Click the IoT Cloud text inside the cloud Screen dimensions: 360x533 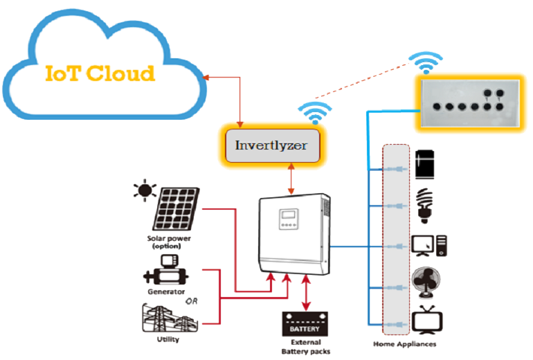click(x=100, y=73)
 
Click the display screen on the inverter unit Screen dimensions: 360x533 click(x=289, y=220)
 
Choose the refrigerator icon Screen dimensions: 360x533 click(x=424, y=165)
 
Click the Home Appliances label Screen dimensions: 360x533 click(x=404, y=344)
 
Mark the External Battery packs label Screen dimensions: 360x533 click(x=305, y=347)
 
